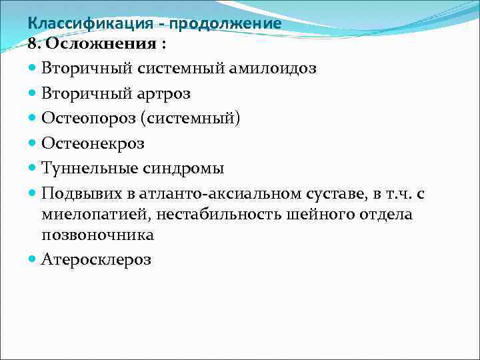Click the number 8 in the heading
[x=32, y=44]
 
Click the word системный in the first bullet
[x=179, y=68]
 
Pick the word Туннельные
[x=89, y=168]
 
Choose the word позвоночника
[x=97, y=235]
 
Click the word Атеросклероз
[x=96, y=259]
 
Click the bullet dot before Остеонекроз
[x=33, y=143]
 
